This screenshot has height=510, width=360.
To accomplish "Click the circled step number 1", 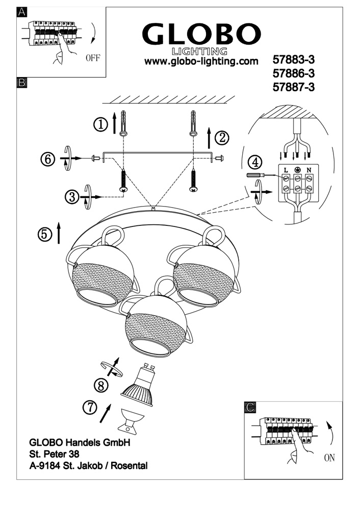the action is (101, 124).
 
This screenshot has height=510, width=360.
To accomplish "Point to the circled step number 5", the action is (45, 235).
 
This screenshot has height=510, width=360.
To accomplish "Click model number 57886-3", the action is (294, 73).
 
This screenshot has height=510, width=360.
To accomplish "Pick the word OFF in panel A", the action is (93, 58).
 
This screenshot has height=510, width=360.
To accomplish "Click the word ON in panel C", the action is (329, 458).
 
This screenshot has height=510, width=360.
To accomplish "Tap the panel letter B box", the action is (22, 83).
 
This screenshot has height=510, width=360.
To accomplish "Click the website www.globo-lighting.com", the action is (201, 61).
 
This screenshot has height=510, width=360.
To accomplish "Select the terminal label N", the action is (309, 170).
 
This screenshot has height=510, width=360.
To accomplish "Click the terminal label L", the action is (286, 170).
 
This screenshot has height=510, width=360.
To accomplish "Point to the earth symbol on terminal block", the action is (297, 170).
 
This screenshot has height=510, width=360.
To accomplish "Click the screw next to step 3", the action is (123, 181).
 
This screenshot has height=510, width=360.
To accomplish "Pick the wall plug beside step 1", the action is (123, 123).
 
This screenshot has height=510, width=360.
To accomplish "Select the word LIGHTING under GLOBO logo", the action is (199, 51).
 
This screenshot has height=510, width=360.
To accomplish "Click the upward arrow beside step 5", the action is (59, 233).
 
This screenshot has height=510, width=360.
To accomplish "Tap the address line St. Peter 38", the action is (55, 454).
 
